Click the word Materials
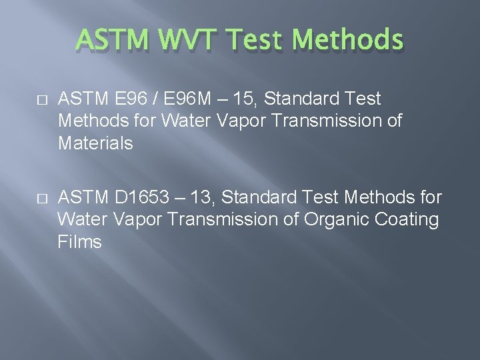pyautogui.click(x=96, y=143)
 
